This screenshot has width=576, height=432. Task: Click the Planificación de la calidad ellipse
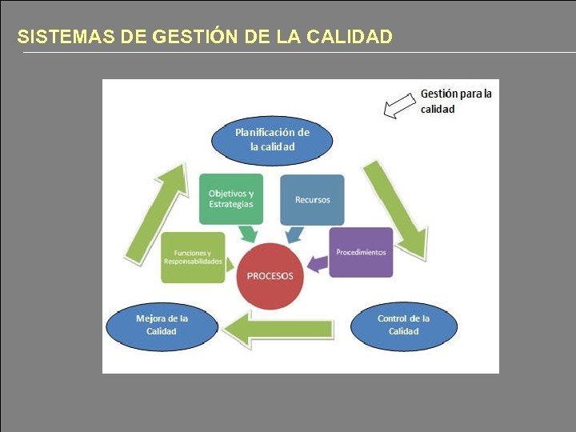(272, 139)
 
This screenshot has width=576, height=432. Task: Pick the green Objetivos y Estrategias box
(230, 198)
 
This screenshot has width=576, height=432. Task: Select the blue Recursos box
(312, 199)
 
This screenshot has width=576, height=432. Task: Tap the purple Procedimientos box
(361, 252)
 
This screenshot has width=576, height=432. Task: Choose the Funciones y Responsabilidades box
(193, 257)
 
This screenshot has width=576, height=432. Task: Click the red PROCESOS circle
(270, 276)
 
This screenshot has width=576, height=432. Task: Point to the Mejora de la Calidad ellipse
(161, 325)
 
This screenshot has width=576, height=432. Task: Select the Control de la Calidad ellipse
(403, 325)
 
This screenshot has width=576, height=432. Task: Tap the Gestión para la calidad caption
(455, 101)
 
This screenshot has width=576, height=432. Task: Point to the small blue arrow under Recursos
(294, 234)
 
